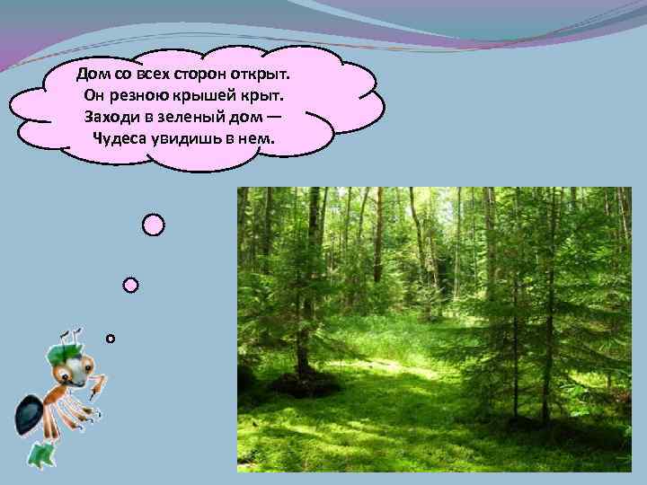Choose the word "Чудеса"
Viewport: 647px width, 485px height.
point(121,139)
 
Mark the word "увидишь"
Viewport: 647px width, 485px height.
point(193,139)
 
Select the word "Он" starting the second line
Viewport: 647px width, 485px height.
point(96,94)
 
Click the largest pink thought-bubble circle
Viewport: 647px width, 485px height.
point(154,225)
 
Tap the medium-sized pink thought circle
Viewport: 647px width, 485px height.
point(130,285)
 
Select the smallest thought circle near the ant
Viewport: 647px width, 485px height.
point(110,339)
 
